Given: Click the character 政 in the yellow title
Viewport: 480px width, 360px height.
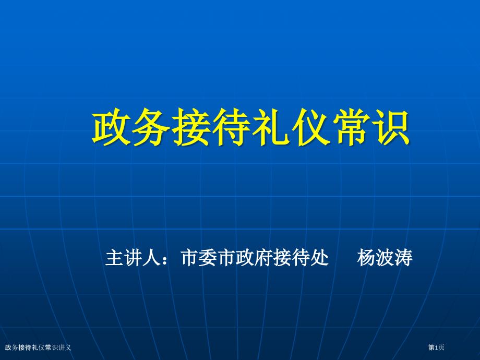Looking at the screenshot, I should (x=112, y=128).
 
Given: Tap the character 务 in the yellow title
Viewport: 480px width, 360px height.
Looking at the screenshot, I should (x=152, y=128).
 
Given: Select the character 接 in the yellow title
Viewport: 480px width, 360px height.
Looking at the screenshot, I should (x=191, y=128).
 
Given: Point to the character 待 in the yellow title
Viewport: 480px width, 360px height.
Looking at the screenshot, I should (x=231, y=128).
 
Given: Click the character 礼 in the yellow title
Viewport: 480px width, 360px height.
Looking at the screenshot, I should (x=271, y=128).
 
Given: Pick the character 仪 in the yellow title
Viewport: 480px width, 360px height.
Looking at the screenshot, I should (x=311, y=128).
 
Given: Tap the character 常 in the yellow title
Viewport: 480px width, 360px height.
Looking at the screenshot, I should (x=351, y=128).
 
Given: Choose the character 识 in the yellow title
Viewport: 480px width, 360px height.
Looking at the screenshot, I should (x=390, y=128).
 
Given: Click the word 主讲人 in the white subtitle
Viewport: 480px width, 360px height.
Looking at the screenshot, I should (x=133, y=258).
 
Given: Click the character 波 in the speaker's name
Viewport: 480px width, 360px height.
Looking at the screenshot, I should (x=385, y=258).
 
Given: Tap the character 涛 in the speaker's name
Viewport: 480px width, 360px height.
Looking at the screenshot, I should (x=403, y=258).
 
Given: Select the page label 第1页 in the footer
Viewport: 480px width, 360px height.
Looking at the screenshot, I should (x=436, y=347).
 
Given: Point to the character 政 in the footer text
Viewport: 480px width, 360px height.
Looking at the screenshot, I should (x=8, y=347).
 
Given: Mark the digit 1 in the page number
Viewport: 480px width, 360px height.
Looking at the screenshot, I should (x=436, y=347).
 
